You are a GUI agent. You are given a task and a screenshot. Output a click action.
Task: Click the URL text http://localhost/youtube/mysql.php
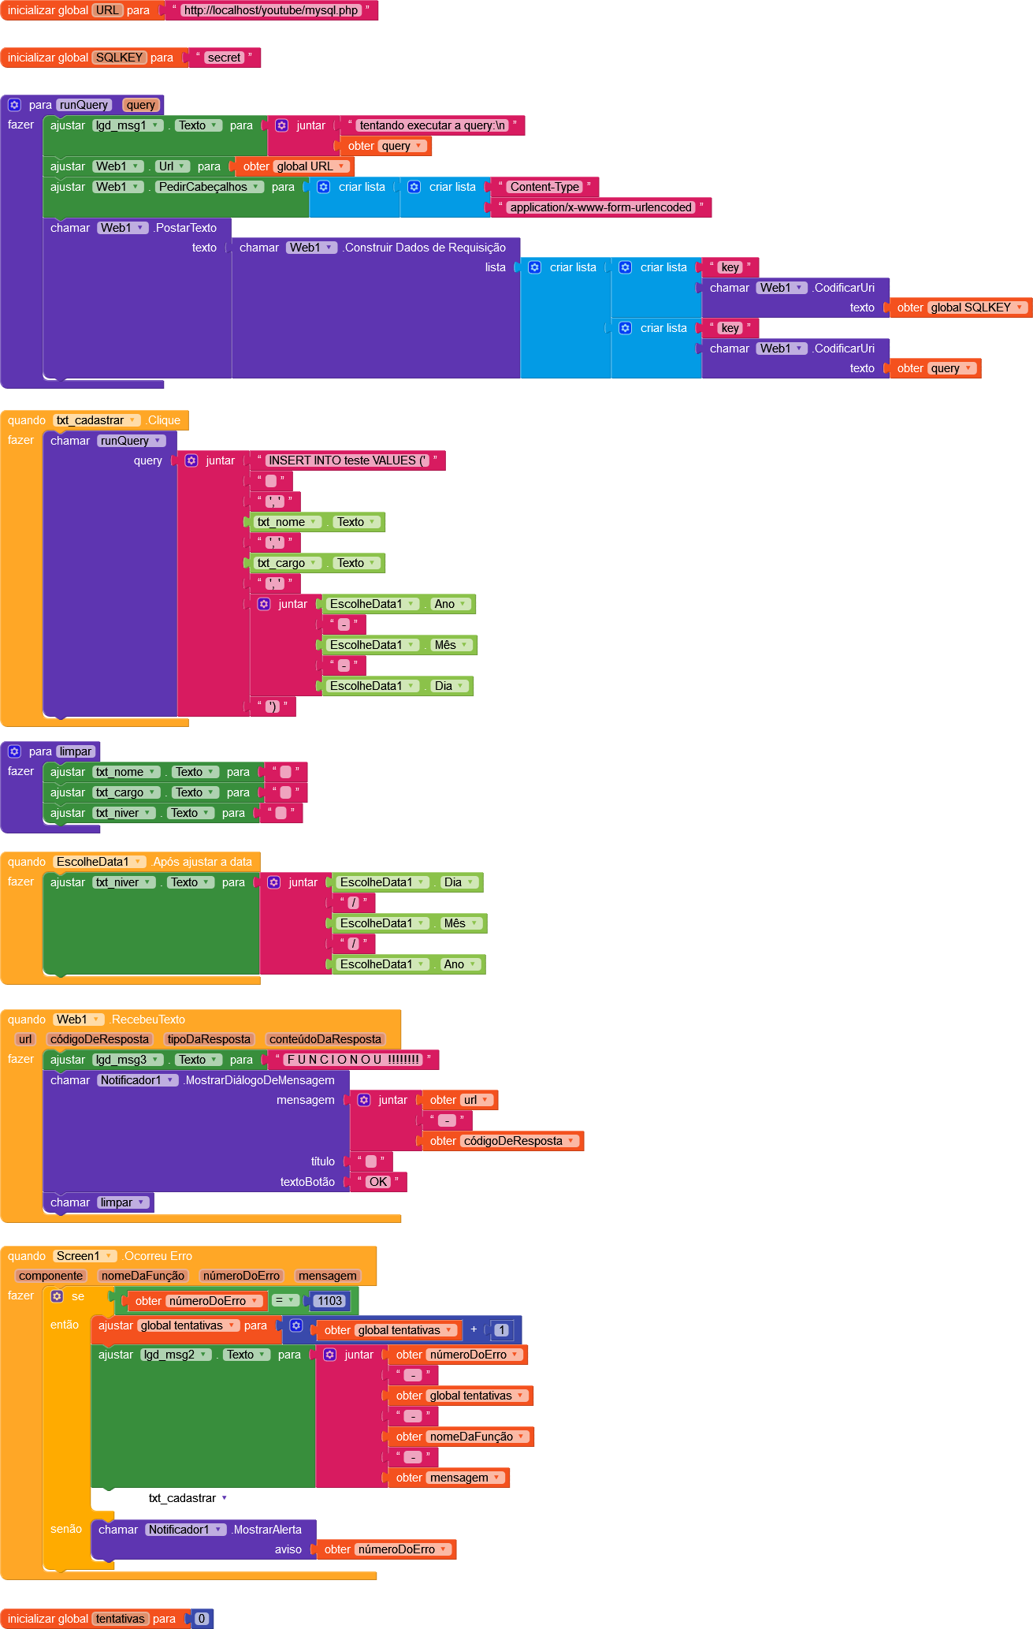pos(271,10)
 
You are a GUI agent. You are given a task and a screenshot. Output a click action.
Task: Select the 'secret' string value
pos(224,58)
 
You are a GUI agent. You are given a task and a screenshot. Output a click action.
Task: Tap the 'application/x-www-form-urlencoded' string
pos(600,207)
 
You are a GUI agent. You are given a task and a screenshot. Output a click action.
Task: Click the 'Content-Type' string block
pos(544,187)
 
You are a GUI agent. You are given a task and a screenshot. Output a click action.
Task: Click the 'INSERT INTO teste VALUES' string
pos(346,460)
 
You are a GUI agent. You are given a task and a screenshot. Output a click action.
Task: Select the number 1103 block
pos(329,1301)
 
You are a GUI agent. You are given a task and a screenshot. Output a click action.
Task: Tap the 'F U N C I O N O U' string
pos(351,1060)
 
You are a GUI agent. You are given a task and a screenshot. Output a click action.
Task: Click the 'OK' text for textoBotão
pos(378,1182)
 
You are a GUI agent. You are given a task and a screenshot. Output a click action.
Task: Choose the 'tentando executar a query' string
pos(432,125)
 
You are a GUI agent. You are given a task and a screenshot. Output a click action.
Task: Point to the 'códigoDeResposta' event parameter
pos(99,1039)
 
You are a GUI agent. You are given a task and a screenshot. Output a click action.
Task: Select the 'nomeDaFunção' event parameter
pos(143,1276)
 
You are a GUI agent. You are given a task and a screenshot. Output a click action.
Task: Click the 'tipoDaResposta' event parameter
pos(209,1039)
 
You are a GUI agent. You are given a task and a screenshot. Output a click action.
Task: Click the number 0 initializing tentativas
pos(202,1619)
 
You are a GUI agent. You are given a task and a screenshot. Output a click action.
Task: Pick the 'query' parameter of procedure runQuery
pos(140,105)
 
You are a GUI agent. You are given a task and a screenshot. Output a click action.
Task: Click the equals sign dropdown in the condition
pos(284,1301)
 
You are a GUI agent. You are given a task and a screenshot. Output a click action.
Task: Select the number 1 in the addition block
pos(501,1330)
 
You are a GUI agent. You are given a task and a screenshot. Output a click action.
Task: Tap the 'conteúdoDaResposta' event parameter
pos(325,1039)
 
